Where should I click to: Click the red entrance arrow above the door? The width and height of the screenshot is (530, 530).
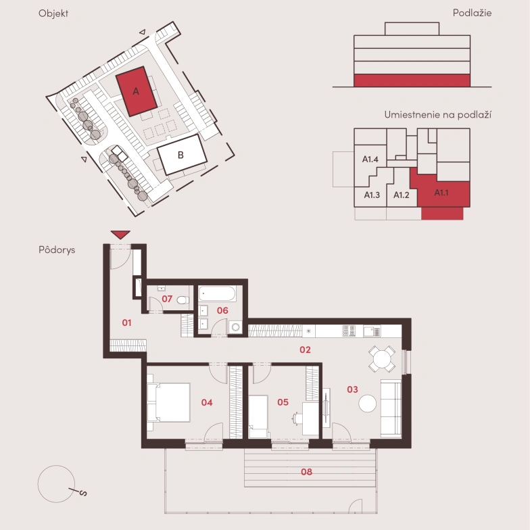click(x=120, y=235)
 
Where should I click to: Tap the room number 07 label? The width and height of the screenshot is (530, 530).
click(x=167, y=299)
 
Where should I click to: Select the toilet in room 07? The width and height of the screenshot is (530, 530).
click(x=183, y=300)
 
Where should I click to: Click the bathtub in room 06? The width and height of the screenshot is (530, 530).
click(x=217, y=293)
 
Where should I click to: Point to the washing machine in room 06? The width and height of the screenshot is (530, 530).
click(x=235, y=327)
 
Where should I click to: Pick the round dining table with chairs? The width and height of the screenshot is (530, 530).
click(x=382, y=358)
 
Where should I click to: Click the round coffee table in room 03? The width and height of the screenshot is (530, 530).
click(x=368, y=404)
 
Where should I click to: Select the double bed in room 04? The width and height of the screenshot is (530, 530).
click(x=169, y=402)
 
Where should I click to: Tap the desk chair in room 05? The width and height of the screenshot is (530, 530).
click(x=297, y=418)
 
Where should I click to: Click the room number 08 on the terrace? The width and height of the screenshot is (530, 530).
click(x=307, y=472)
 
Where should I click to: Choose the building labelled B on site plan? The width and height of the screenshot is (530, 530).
click(x=183, y=154)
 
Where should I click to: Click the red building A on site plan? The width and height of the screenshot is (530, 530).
click(x=137, y=91)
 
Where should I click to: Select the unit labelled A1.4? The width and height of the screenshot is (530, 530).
click(x=370, y=160)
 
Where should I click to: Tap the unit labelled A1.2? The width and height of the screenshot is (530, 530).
click(x=402, y=195)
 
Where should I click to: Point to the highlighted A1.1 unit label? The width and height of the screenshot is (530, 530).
click(x=441, y=193)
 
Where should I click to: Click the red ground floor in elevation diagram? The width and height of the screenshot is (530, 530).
click(x=412, y=80)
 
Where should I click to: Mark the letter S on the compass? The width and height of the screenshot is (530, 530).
click(x=83, y=493)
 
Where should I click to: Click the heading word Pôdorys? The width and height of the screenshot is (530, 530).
click(x=57, y=250)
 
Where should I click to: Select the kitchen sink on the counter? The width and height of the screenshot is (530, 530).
click(x=372, y=331)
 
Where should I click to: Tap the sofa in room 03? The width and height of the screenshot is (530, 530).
click(x=391, y=408)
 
